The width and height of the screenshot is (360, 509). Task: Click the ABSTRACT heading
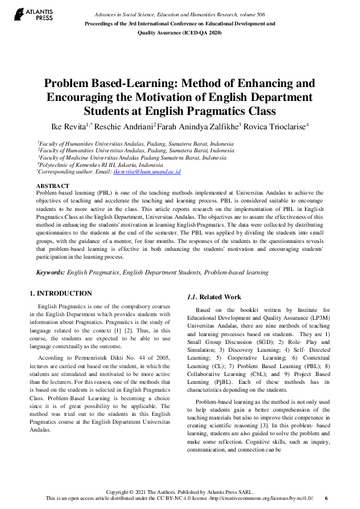pos(53,186)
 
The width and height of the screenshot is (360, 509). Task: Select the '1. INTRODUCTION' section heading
pos(61,293)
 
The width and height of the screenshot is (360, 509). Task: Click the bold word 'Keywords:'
pos(50,273)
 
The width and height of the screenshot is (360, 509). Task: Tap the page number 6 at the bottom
pos(326,498)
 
